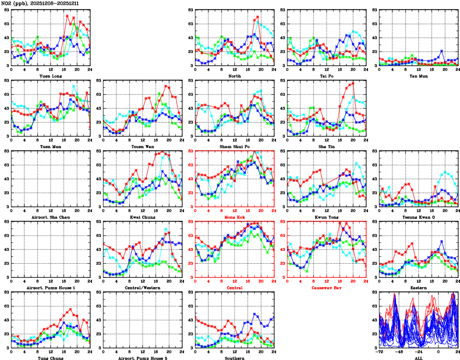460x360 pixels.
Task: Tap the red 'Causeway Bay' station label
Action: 327,288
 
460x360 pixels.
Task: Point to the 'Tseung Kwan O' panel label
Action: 419,217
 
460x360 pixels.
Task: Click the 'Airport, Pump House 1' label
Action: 50,288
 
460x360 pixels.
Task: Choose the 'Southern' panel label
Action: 235,358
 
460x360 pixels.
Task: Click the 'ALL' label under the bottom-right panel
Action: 419,358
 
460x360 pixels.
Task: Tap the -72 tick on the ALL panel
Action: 379,352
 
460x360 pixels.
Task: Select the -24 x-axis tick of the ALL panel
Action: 419,352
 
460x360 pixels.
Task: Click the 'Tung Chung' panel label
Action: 50,358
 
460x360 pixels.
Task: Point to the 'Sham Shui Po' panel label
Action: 235,146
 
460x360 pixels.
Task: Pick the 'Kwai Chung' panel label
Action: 142,217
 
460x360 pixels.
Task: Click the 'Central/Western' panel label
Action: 142,288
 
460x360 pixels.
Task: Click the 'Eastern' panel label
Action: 419,288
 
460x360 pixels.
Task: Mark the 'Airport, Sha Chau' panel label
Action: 50,217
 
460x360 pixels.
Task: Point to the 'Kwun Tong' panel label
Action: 327,217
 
